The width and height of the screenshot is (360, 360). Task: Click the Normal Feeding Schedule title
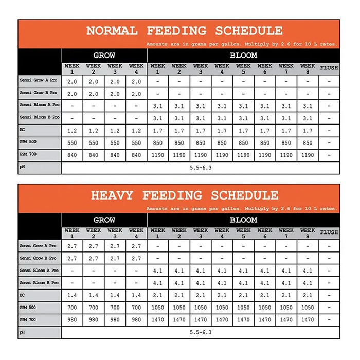coord(184,30)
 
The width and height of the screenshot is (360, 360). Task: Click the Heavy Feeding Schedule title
coord(184,195)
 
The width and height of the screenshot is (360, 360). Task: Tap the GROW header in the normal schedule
coord(104,56)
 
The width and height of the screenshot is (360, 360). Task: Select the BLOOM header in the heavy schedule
coord(243,220)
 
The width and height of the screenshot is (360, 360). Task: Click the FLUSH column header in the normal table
coord(329,68)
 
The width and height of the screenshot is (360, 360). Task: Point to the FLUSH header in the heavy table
coord(329,233)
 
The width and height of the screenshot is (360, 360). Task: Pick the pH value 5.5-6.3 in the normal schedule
coord(201,168)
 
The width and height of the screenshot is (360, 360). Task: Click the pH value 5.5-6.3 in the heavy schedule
coord(201,332)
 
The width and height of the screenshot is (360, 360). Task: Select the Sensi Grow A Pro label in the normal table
coord(39,81)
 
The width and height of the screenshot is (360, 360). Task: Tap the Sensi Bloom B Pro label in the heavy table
coord(39,283)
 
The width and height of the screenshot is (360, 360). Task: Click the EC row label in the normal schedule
coord(23,130)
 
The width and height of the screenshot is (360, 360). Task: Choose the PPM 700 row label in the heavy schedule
coord(28,320)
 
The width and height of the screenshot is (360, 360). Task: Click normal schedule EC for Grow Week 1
coord(73,131)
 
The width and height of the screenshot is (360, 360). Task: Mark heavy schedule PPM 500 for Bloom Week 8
coord(308,308)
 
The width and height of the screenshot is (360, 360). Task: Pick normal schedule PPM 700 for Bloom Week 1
coord(158,155)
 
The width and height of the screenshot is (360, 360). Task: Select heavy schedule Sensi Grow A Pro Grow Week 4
coord(136,246)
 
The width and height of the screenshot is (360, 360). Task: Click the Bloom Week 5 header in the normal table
coord(243,68)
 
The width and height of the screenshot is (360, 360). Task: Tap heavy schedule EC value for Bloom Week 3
coord(201,295)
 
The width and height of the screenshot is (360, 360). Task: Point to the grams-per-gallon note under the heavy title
coord(242,209)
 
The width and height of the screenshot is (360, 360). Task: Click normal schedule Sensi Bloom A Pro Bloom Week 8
coord(308,106)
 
